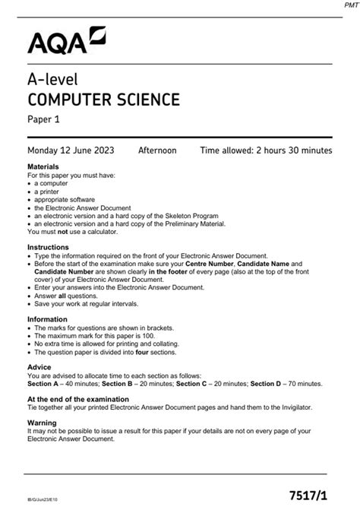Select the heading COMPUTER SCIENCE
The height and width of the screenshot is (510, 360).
[x=103, y=99]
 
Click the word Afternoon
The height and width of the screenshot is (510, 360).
[x=157, y=150]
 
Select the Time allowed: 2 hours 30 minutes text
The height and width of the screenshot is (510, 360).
[x=266, y=150]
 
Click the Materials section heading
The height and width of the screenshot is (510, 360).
[x=43, y=166]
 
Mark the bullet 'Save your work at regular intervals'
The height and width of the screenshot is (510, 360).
[x=87, y=304]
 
